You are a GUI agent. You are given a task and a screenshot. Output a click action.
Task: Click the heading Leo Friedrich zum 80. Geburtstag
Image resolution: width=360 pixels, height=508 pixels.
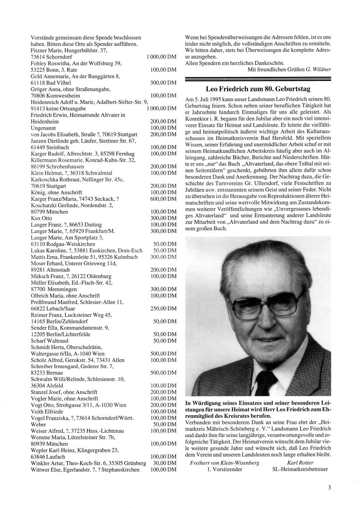pyautogui.click(x=258, y=89)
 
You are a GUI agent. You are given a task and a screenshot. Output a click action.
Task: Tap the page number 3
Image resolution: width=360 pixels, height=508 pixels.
pyautogui.click(x=329, y=488)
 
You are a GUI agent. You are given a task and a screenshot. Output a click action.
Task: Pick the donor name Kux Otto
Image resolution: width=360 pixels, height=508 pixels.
pyautogui.click(x=42, y=218)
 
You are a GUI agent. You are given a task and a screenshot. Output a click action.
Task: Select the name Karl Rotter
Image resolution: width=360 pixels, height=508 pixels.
pyautogui.click(x=300, y=463)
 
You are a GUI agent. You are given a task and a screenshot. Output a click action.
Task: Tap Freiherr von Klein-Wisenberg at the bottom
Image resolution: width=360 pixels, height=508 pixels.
pyautogui.click(x=225, y=463)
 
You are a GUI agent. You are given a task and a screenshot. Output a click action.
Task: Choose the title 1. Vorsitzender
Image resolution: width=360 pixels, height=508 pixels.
pyautogui.click(x=225, y=469)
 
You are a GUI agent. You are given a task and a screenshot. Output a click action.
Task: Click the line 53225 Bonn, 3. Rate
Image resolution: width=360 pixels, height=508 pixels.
pyautogui.click(x=54, y=70)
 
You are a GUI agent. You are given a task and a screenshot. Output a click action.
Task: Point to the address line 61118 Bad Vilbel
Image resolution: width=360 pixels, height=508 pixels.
pyautogui.click(x=51, y=83)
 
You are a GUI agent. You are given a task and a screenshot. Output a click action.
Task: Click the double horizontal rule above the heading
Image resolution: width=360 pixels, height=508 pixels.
pyautogui.click(x=258, y=79)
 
